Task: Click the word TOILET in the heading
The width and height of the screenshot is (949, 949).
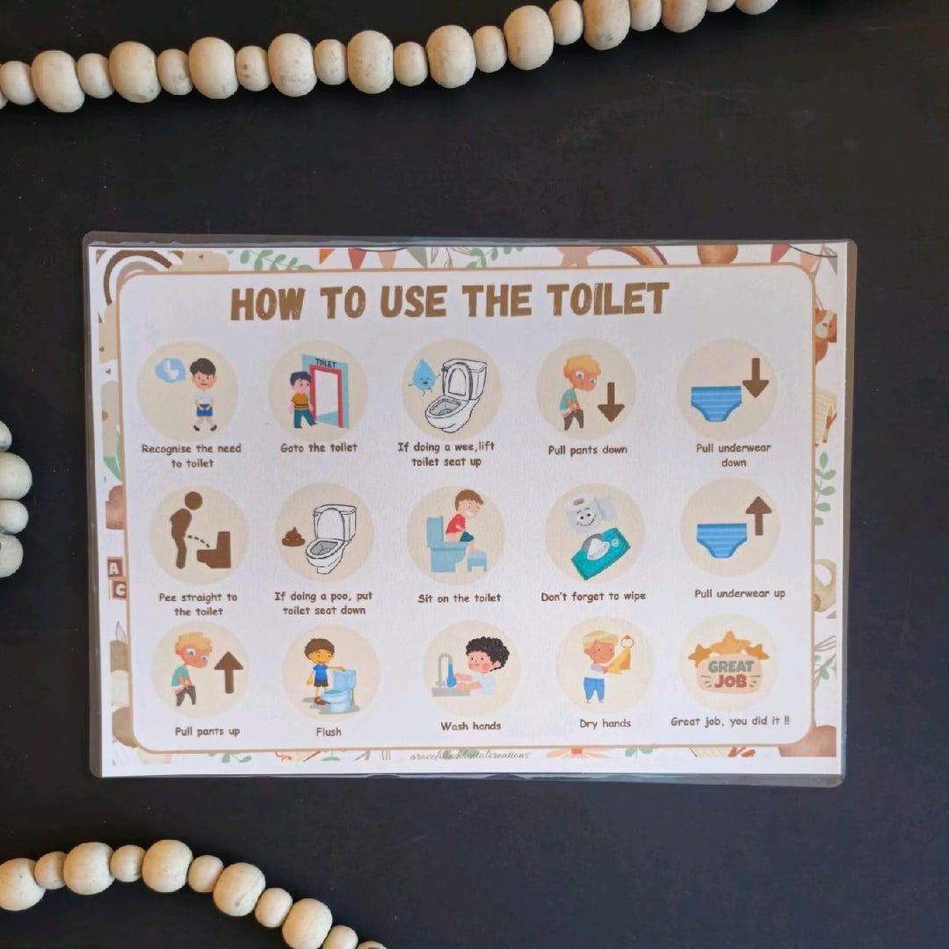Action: pyautogui.click(x=607, y=301)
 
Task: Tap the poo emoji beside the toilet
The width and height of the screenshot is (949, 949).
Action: pyautogui.click(x=293, y=537)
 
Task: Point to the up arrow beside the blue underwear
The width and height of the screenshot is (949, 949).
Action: pyautogui.click(x=757, y=515)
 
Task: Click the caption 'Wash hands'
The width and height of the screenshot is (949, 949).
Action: pyautogui.click(x=471, y=726)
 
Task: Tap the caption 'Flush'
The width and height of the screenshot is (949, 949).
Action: pyautogui.click(x=329, y=731)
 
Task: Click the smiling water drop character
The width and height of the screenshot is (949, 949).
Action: pyautogui.click(x=423, y=376)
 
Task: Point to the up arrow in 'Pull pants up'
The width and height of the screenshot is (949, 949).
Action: pyautogui.click(x=228, y=671)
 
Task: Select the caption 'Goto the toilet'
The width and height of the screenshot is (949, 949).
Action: pyautogui.click(x=319, y=448)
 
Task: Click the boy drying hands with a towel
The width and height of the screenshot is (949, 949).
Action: pyautogui.click(x=599, y=664)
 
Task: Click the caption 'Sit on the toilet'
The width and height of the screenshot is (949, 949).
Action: pyautogui.click(x=459, y=598)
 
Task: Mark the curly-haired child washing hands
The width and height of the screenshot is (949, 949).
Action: pyautogui.click(x=482, y=665)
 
